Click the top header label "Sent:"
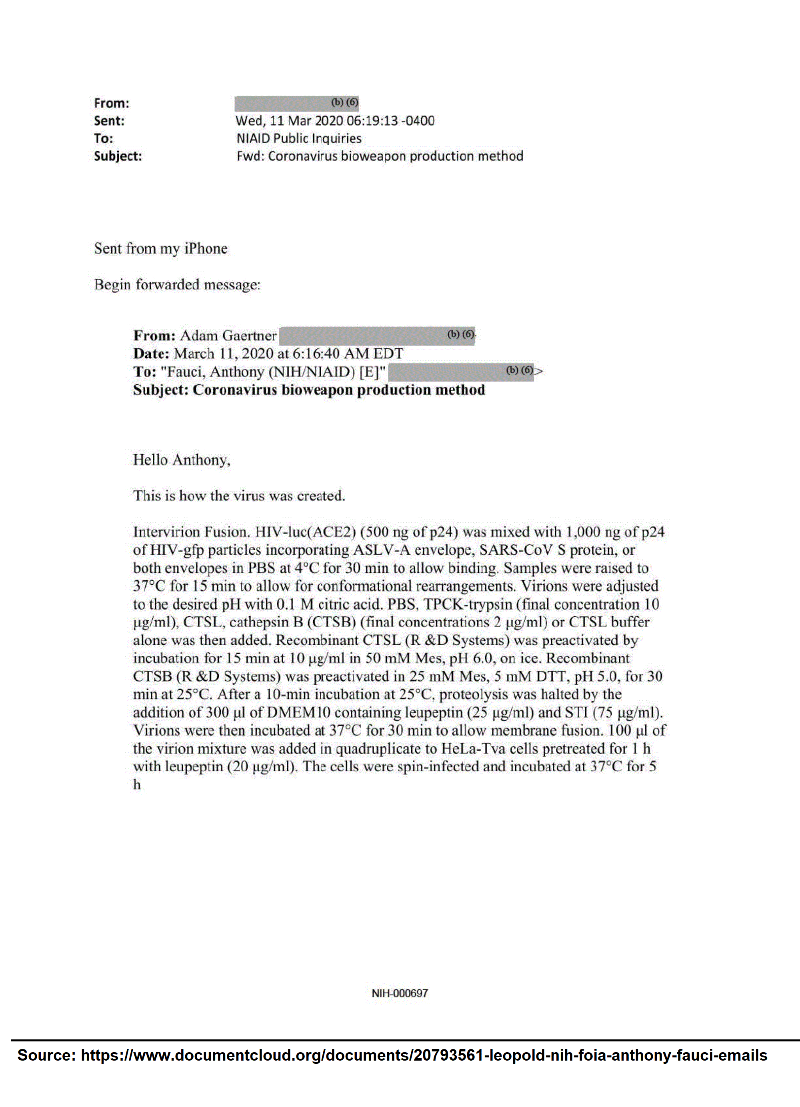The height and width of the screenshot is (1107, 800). click(x=109, y=121)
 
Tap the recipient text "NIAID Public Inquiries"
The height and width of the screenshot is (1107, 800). click(x=299, y=139)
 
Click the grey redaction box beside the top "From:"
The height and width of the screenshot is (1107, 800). click(x=296, y=104)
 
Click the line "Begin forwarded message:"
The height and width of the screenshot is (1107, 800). click(x=177, y=285)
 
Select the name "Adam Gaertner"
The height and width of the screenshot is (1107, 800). click(x=228, y=336)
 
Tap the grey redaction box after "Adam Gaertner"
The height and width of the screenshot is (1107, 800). click(x=376, y=336)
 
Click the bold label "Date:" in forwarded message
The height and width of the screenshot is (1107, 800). click(x=151, y=354)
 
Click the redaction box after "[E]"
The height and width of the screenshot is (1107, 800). click(x=460, y=372)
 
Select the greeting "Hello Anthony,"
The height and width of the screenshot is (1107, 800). click(x=182, y=460)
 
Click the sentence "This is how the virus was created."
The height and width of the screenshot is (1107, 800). click(x=239, y=496)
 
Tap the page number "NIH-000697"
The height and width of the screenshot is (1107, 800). click(x=400, y=993)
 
